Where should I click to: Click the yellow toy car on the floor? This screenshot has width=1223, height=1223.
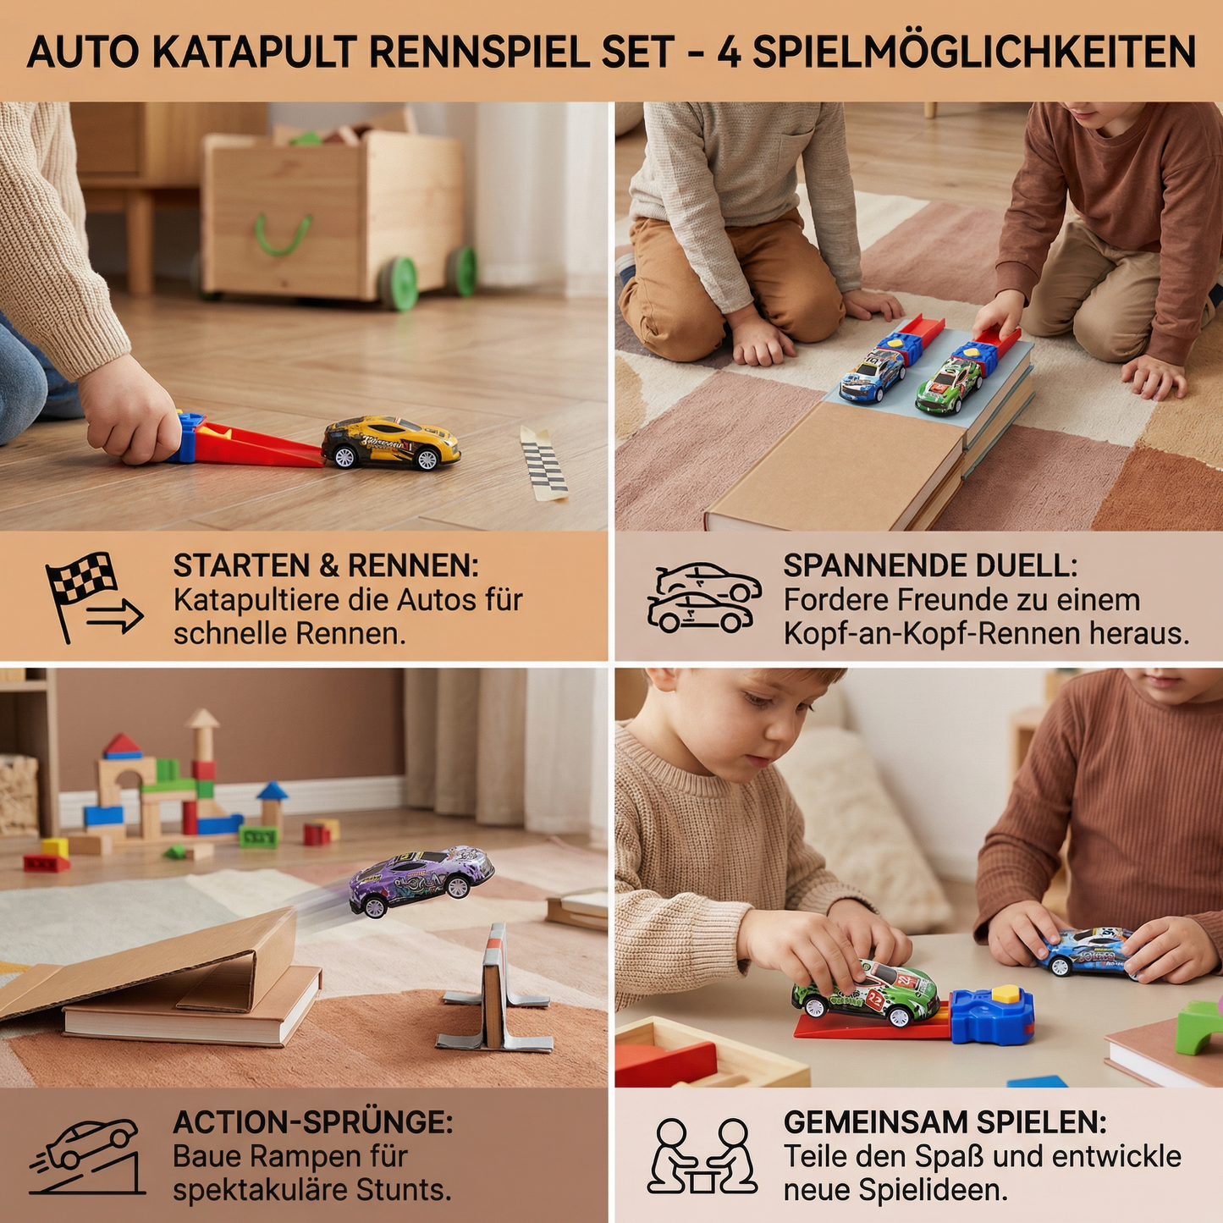[391, 442]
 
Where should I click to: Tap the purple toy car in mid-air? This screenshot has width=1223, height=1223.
[421, 879]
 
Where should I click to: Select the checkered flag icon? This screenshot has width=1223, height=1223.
[83, 577]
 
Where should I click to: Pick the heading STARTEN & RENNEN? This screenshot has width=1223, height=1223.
[326, 565]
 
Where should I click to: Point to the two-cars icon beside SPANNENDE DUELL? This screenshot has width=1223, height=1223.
[703, 598]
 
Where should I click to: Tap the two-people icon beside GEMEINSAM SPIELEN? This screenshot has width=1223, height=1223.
[702, 1156]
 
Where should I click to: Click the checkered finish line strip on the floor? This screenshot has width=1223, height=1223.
[543, 463]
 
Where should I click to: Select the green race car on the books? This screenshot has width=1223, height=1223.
[949, 386]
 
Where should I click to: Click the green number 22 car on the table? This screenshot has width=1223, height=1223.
[866, 991]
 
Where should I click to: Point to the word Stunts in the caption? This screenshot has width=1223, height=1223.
[403, 1190]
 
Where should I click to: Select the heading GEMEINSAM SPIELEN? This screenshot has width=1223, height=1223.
[945, 1122]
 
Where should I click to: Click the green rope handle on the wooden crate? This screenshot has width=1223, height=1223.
[283, 234]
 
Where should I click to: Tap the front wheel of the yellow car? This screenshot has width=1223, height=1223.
[427, 459]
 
